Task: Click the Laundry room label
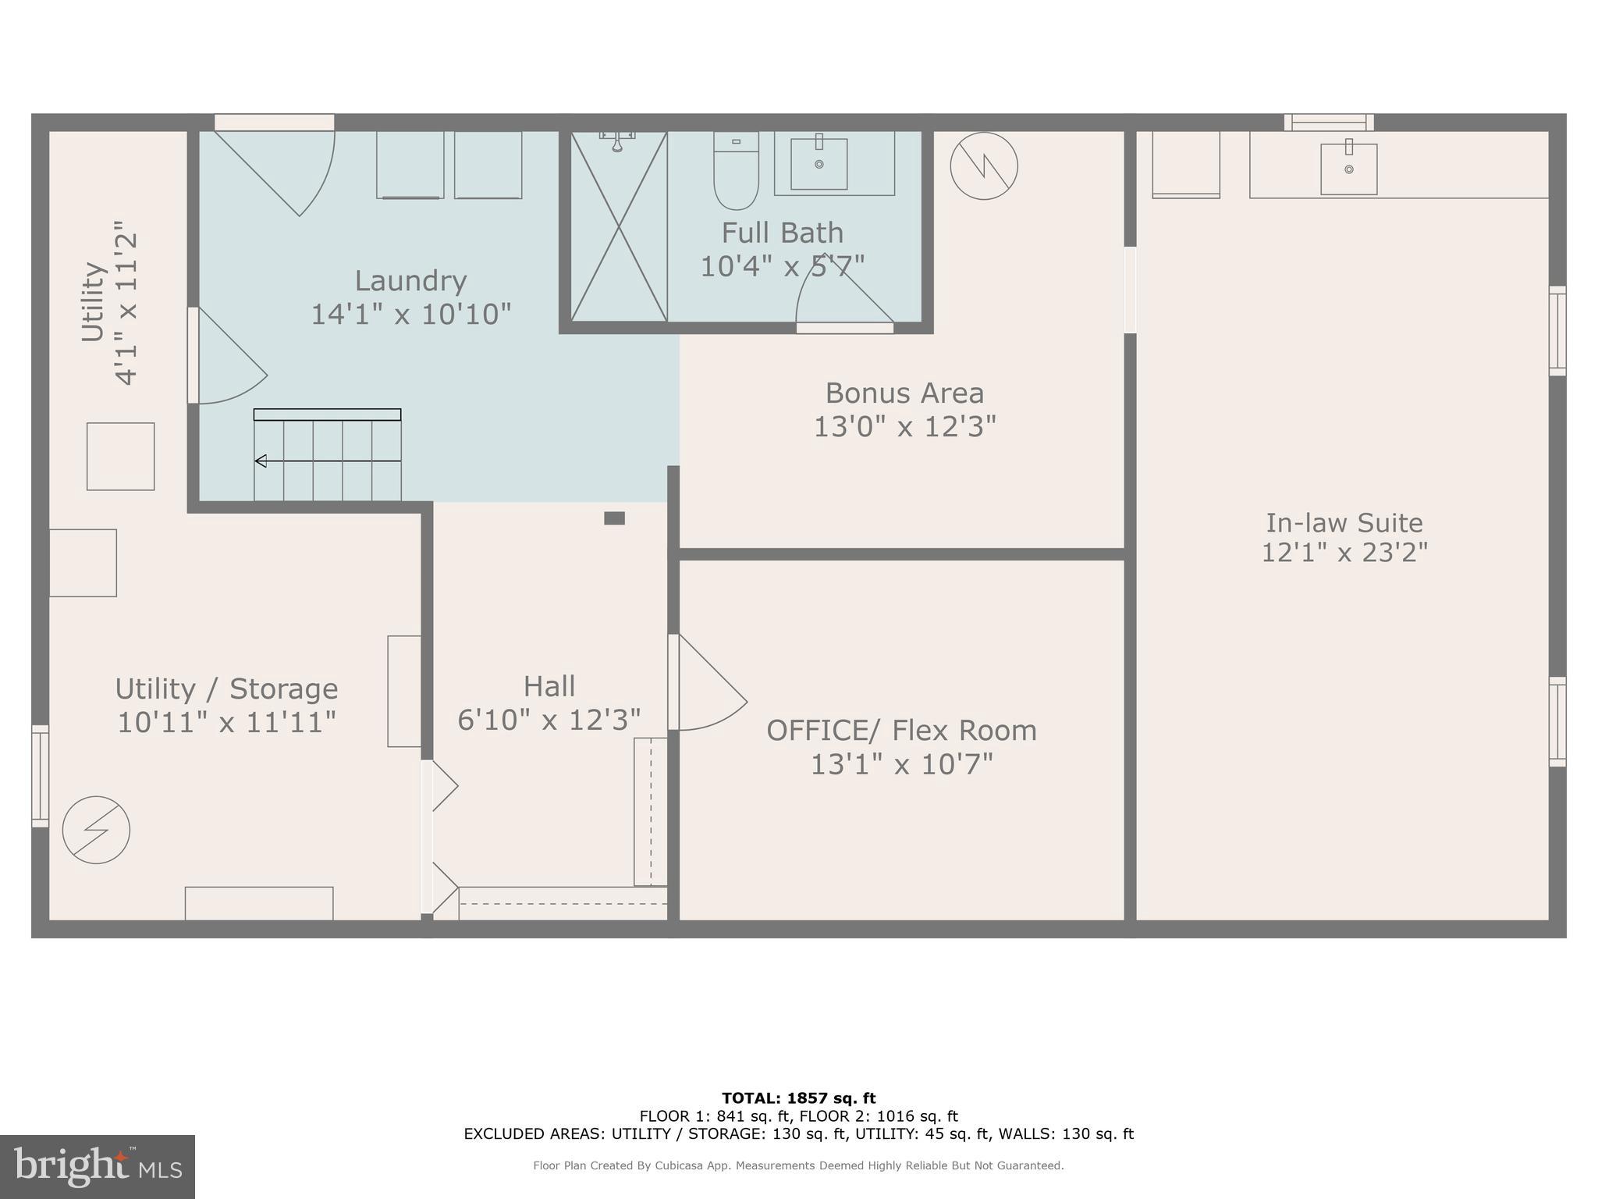pos(410,280)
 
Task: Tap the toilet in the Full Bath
pos(736,172)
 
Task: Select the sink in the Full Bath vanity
pos(819,163)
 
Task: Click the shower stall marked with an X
pos(619,227)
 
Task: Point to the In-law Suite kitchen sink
pos(1348,169)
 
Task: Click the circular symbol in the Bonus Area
pos(983,166)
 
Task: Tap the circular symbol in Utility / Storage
pos(96,830)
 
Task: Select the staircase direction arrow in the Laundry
pos(261,461)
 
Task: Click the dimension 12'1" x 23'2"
pos(1344,553)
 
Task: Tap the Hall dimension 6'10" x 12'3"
pos(549,720)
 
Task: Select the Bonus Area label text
pos(904,393)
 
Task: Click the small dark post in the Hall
pos(614,518)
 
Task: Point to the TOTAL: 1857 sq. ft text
pos(798,1098)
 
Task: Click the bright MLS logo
pos(97,1166)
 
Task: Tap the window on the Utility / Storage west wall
pos(40,776)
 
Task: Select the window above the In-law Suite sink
pos(1329,123)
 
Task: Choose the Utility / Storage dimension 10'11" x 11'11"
pos(226,722)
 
